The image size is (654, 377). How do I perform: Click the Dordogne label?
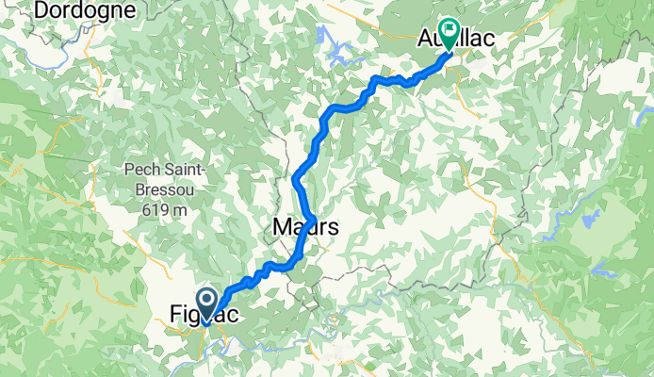pyautogui.click(x=85, y=10)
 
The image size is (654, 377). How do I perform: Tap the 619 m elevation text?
pyautogui.click(x=156, y=211)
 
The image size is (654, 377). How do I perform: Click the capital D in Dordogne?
pyautogui.click(x=40, y=10)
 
